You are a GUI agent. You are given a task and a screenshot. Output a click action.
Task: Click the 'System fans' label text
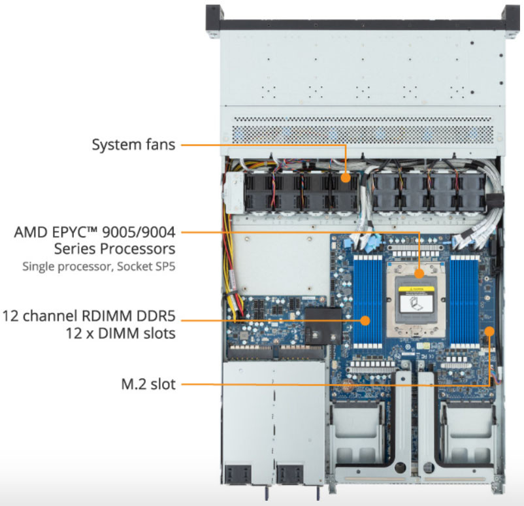133,144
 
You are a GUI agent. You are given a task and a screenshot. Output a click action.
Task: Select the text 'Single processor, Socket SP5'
99,266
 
